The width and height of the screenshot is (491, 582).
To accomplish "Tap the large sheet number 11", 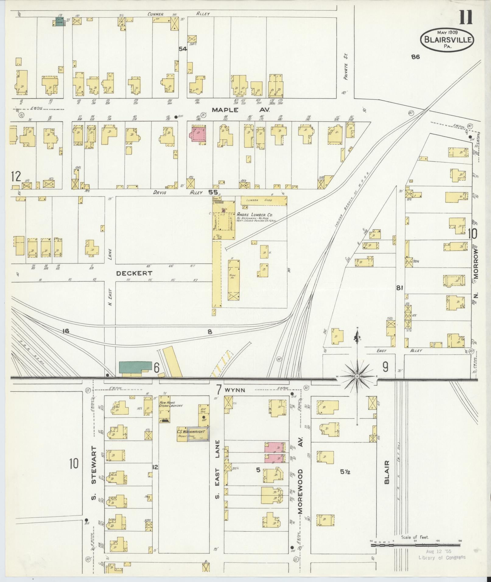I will pos(466,17).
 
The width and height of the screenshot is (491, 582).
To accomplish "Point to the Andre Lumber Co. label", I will pos(254,214).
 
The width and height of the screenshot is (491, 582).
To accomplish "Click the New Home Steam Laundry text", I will pos(170,404).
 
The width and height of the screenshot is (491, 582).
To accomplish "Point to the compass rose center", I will pos(357,376).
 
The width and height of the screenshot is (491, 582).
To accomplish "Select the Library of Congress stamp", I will pos(441,557).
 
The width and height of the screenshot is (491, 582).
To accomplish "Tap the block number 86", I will pos(415,57).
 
